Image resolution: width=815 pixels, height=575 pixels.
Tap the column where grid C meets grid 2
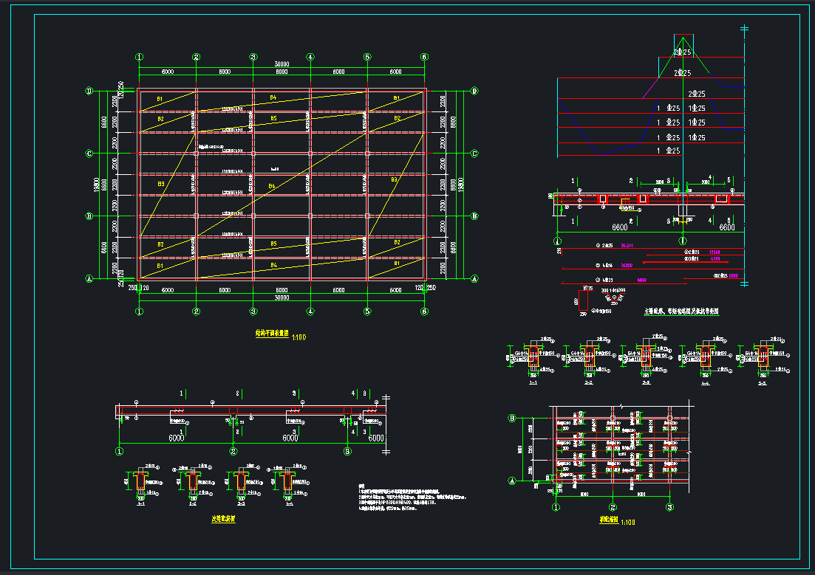coord(196,154)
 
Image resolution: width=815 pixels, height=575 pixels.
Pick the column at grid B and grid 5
coord(367,216)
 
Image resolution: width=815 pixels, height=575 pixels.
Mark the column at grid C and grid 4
coord(310,154)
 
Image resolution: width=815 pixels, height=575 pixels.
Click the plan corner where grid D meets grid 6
coord(424,91)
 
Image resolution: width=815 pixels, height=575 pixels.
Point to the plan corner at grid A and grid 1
coord(139,279)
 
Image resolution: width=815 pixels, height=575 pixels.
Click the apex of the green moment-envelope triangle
coord(683,36)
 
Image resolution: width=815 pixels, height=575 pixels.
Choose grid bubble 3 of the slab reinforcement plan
coord(669,508)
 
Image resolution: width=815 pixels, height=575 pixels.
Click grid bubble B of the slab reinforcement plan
coord(511,419)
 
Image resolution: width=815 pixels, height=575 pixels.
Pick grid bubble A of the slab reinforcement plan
coord(511,480)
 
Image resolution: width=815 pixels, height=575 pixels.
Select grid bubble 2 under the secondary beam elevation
coord(233,451)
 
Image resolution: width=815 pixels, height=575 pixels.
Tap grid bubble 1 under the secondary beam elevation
coord(119,451)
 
